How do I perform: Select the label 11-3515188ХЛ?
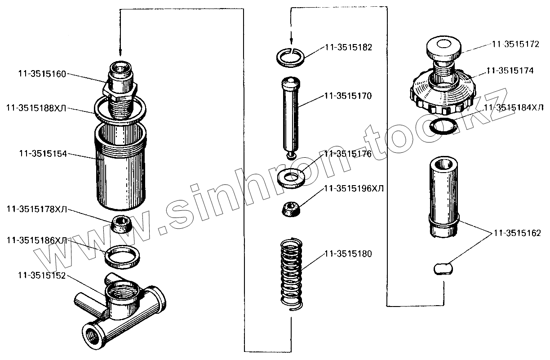tap(36, 108)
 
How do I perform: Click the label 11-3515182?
tap(347, 47)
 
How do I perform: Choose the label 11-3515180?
tap(347, 254)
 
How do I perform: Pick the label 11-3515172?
tap(516, 44)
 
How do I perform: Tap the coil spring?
tap(292, 274)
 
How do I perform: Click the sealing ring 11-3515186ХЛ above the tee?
tap(121, 256)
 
